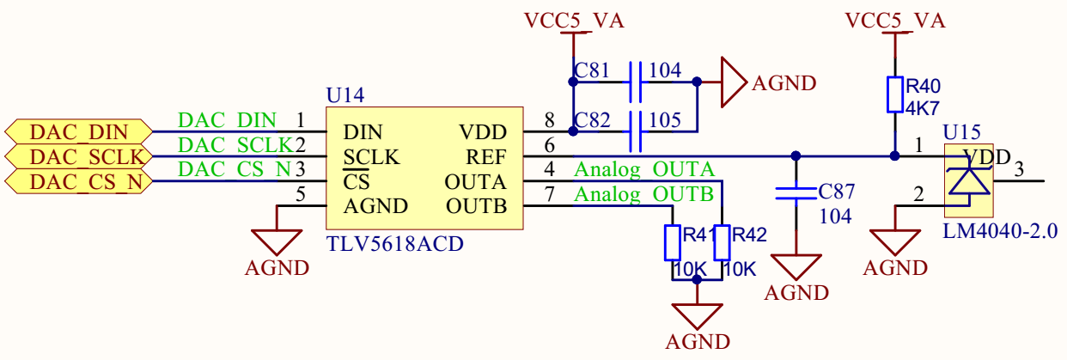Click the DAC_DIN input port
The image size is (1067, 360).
[x=78, y=132]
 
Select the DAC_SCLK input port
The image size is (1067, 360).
[x=78, y=157]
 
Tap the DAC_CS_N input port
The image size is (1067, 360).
[x=78, y=182]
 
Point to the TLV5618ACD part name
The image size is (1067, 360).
[x=394, y=244]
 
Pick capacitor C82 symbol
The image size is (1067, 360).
[x=636, y=131]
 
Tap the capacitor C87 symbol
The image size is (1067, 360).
[x=796, y=194]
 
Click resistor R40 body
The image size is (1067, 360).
[x=894, y=95]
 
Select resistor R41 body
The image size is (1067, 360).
[x=673, y=243]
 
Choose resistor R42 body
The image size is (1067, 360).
[x=722, y=243]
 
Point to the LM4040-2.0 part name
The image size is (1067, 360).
[x=1000, y=231]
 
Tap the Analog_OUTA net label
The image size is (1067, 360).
[x=643, y=169]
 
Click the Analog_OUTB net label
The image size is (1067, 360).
[x=643, y=194]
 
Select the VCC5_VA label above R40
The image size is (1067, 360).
[x=894, y=21]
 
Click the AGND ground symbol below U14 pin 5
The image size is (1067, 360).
[x=277, y=241]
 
